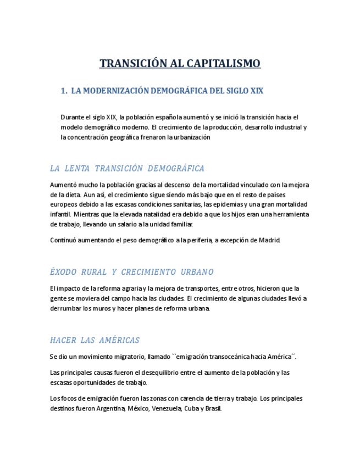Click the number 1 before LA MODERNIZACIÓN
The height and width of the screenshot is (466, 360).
63,91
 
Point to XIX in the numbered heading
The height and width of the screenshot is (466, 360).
256,91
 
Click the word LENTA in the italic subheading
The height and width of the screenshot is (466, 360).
76,168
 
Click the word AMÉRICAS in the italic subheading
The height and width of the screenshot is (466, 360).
119,340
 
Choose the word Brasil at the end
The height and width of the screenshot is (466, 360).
213,409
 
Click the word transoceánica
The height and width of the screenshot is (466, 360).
211,357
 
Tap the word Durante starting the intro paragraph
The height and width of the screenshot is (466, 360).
73,117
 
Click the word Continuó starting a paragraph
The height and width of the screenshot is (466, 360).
64,240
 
